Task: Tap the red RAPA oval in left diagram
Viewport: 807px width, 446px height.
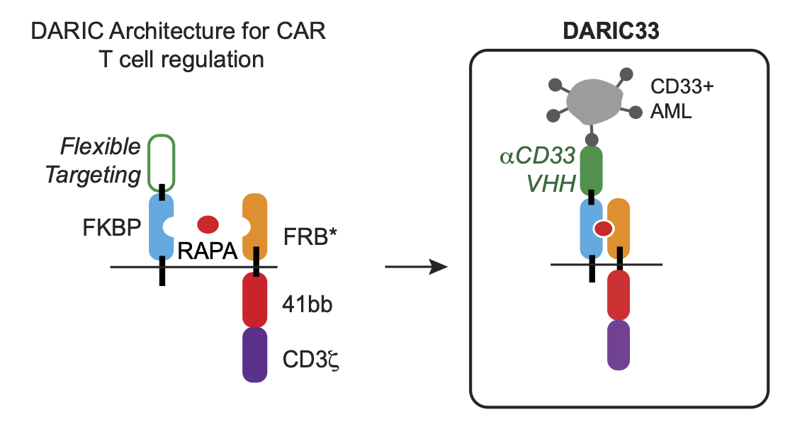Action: click(x=208, y=224)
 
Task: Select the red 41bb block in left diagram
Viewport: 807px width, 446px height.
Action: click(x=254, y=299)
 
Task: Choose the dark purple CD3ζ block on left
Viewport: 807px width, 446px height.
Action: click(x=254, y=354)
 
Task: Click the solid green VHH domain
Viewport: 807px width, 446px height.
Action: click(x=592, y=170)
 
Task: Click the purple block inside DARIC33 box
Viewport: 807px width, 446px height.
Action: click(x=619, y=344)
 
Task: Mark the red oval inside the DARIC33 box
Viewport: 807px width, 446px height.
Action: click(x=603, y=228)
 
